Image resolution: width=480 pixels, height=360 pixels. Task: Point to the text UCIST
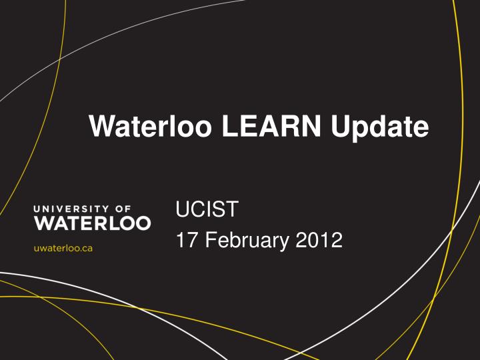(x=206, y=210)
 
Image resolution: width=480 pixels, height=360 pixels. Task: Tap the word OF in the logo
(x=123, y=209)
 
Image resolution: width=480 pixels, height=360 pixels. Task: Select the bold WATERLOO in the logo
(x=92, y=223)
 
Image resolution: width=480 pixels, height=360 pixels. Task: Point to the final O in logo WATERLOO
(x=141, y=223)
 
